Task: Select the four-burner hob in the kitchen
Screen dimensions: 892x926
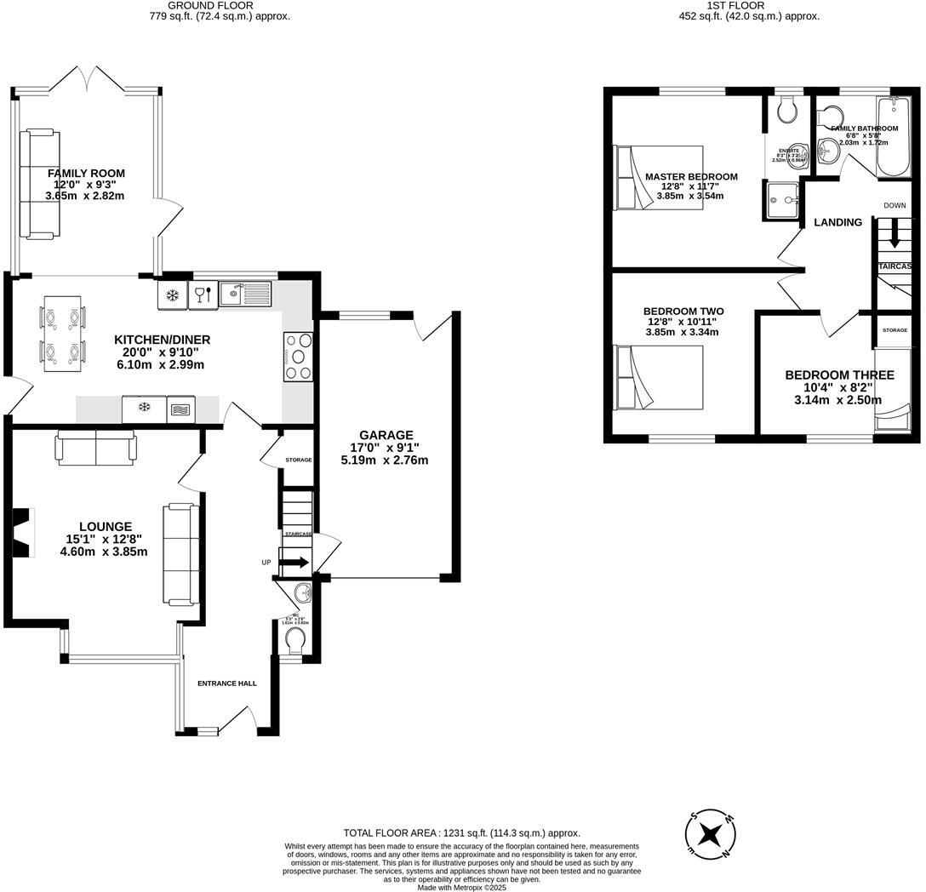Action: pyautogui.click(x=297, y=357)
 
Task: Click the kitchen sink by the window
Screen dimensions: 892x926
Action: pyautogui.click(x=245, y=294)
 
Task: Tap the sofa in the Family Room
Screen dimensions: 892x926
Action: pyautogui.click(x=39, y=183)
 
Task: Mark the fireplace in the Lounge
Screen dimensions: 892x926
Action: pyautogui.click(x=24, y=531)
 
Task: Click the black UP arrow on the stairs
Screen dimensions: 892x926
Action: pyautogui.click(x=296, y=562)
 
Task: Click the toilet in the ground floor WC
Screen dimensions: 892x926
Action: pyautogui.click(x=294, y=638)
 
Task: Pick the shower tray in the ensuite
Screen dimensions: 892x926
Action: pyautogui.click(x=782, y=200)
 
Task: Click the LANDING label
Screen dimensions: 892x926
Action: pyautogui.click(x=837, y=222)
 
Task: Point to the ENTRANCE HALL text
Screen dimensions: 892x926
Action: pyautogui.click(x=227, y=683)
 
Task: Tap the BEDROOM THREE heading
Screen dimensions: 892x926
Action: pyautogui.click(x=838, y=375)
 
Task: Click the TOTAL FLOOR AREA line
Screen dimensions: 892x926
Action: pyautogui.click(x=461, y=833)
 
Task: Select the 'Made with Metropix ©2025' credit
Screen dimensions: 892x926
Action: pyautogui.click(x=461, y=888)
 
